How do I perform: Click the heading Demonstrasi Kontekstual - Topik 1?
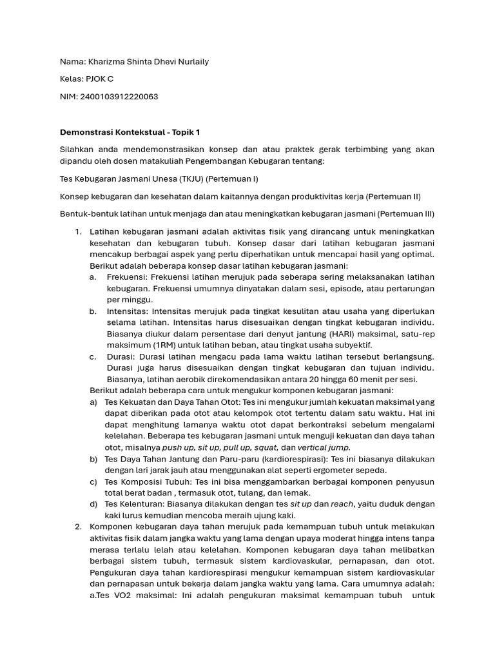click(x=130, y=132)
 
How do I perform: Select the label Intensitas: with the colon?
click(x=128, y=311)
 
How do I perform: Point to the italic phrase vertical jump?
click(x=324, y=447)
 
